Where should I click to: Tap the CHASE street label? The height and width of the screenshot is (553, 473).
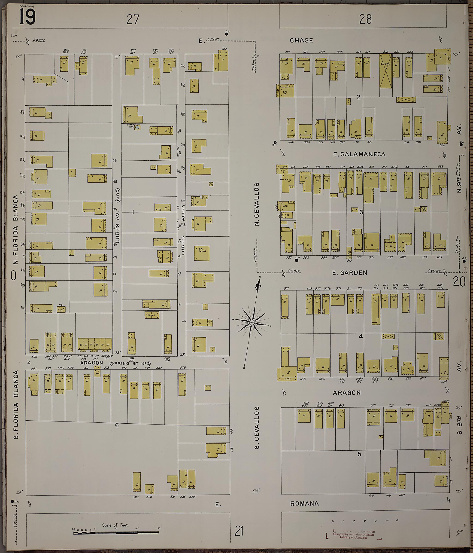(x=301, y=40)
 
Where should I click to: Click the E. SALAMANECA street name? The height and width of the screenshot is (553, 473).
(x=359, y=154)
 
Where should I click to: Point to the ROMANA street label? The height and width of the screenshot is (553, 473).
(x=304, y=503)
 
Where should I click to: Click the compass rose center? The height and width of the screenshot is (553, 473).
(x=252, y=323)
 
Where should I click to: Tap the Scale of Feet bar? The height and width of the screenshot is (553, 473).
(x=116, y=533)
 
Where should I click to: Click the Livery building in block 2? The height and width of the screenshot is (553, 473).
(x=386, y=71)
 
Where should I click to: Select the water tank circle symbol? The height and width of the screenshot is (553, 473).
(x=137, y=127)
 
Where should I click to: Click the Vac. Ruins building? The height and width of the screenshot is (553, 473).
(x=201, y=253)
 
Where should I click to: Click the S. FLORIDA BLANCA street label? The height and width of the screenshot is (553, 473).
(x=16, y=404)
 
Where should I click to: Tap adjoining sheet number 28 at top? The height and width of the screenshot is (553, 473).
(x=365, y=19)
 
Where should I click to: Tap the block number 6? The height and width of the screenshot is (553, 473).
(x=117, y=425)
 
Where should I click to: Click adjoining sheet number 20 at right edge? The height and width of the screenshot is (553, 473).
(x=459, y=281)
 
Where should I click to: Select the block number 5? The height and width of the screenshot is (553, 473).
(x=359, y=454)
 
